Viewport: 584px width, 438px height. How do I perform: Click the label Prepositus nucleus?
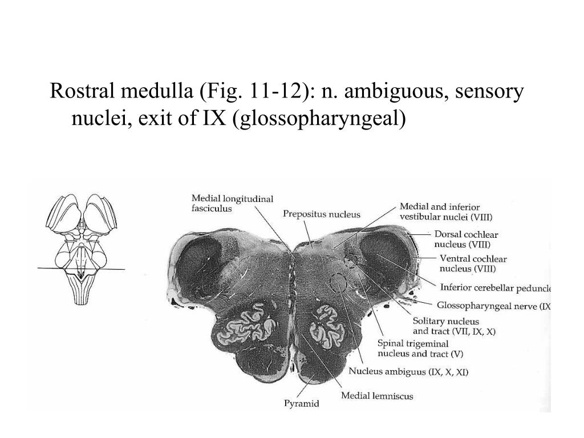(322, 214)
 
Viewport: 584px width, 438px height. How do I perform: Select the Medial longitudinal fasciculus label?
(232, 204)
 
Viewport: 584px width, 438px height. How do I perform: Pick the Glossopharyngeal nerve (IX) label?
(493, 306)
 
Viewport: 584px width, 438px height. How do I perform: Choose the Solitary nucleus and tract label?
(454, 326)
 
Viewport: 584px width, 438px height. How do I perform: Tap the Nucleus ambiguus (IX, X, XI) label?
(408, 372)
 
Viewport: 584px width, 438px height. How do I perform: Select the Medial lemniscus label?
(377, 395)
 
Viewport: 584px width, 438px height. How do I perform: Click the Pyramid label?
(302, 404)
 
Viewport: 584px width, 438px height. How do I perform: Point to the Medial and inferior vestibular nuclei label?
(445, 212)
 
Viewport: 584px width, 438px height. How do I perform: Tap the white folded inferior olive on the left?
(246, 325)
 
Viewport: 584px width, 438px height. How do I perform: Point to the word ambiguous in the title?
(387, 92)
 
